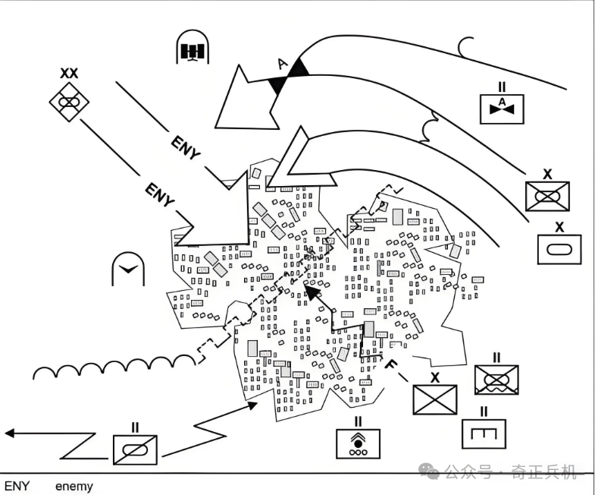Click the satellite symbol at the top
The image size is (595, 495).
193,47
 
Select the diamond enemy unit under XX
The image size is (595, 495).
69,102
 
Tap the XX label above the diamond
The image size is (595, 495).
69,73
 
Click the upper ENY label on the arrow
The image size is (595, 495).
185,148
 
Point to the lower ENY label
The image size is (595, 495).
160,194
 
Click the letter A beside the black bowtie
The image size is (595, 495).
282,64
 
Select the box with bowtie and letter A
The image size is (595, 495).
502,109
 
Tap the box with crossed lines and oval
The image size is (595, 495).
547,196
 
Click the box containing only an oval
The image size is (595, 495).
559,250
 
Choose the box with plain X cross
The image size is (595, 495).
435,399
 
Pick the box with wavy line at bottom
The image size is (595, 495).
496,380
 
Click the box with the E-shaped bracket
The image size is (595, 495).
484,434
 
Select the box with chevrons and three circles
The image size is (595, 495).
359,444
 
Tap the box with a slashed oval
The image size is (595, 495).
135,450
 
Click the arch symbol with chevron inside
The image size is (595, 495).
128,269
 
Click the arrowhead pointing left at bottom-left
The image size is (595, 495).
10,433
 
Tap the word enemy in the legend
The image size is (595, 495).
74,486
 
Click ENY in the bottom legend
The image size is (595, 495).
17,486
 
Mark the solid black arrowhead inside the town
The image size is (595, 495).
312,292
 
